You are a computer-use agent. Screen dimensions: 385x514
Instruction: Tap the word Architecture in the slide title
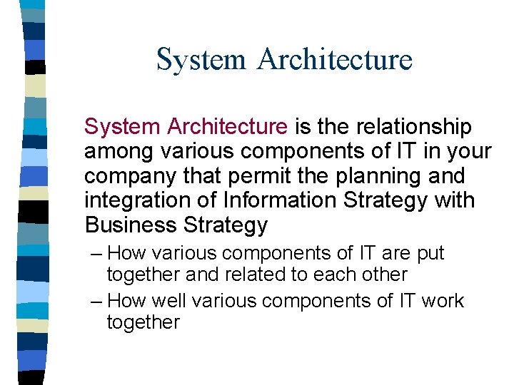(335, 59)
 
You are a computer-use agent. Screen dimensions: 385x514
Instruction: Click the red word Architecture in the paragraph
(227, 127)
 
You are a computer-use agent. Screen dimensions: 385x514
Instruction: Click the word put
(430, 254)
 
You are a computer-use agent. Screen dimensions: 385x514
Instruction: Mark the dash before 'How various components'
(98, 253)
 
